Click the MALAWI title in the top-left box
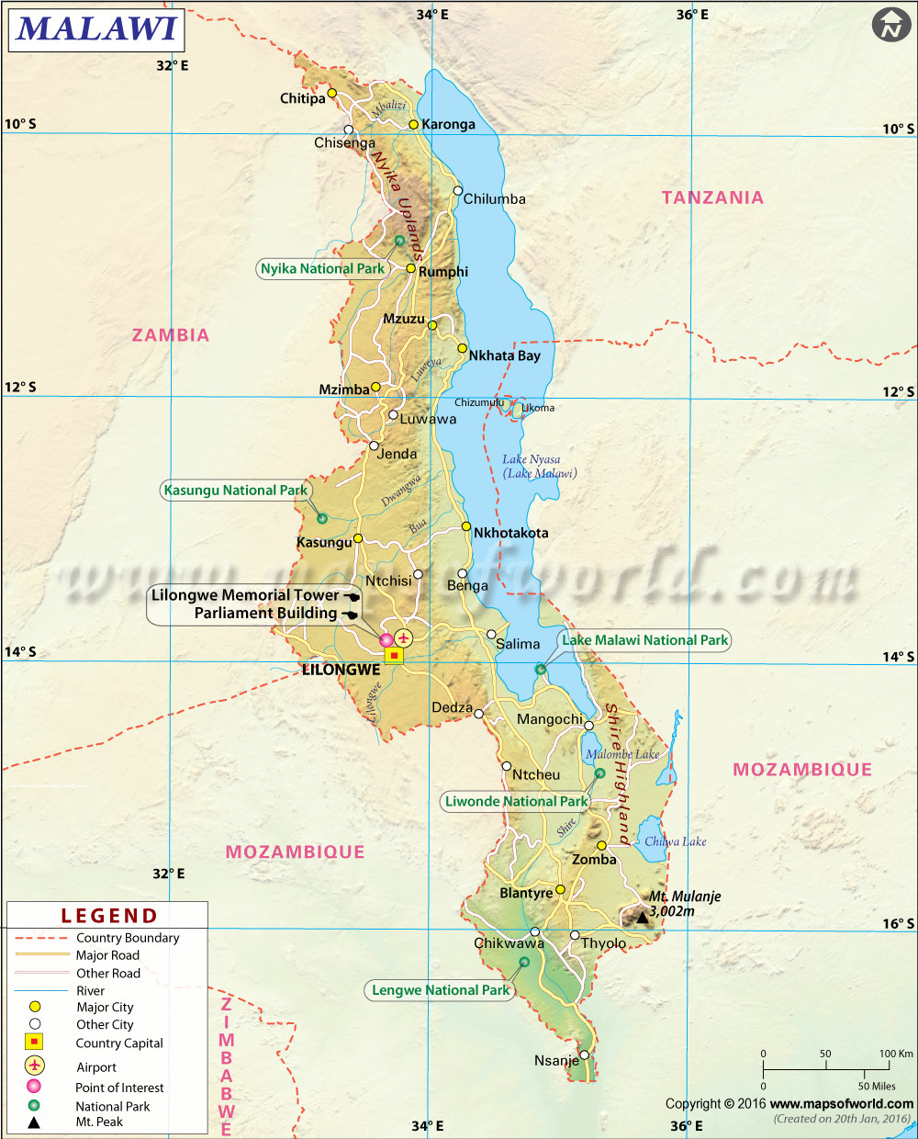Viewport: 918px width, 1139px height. click(96, 28)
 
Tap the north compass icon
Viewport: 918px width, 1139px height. click(890, 25)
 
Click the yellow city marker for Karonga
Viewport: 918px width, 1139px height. click(414, 124)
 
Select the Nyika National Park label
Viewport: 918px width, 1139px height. click(322, 269)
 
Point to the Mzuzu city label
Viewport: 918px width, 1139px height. click(404, 319)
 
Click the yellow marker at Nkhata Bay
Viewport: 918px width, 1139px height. click(463, 348)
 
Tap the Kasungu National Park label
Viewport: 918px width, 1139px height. click(235, 491)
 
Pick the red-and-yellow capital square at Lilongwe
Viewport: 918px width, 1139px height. click(394, 655)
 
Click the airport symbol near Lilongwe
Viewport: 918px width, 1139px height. click(403, 637)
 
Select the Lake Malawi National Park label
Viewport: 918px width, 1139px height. click(644, 640)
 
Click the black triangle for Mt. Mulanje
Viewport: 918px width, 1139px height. click(643, 917)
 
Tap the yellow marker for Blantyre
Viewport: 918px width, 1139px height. click(560, 889)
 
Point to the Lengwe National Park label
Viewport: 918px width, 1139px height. click(441, 990)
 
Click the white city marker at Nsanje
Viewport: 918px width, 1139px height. click(584, 1054)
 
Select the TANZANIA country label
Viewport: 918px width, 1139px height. click(712, 197)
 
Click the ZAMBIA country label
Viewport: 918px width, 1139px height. click(171, 335)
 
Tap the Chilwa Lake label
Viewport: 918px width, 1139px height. click(675, 841)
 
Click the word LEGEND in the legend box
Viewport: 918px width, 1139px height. click(109, 916)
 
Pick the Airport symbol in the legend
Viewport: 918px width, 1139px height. click(34, 1066)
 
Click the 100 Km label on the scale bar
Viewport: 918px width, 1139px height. click(896, 1054)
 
